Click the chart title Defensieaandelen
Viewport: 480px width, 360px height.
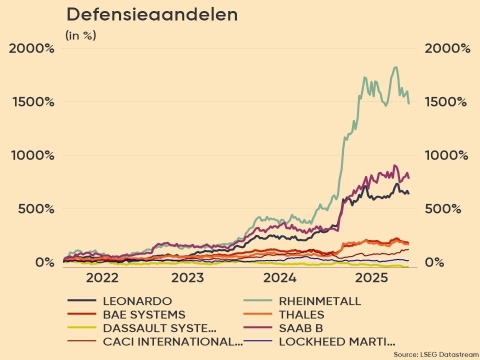[x=152, y=14]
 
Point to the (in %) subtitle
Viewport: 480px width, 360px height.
[x=80, y=35]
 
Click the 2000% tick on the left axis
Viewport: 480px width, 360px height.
[x=32, y=48]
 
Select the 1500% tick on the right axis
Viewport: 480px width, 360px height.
[x=447, y=102]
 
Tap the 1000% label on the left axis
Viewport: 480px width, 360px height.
[x=32, y=155]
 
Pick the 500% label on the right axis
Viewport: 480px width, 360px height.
[x=442, y=209]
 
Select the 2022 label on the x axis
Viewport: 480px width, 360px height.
[x=102, y=278]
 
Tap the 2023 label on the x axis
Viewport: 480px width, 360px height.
[x=187, y=278]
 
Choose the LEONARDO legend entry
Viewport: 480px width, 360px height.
[x=137, y=301]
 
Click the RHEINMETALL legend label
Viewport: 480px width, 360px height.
[x=319, y=301]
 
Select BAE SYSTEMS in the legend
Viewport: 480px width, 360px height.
[x=144, y=315]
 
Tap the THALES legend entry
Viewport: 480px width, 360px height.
[x=301, y=315]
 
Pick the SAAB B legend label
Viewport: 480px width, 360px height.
[x=300, y=328]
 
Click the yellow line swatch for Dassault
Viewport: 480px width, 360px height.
[x=81, y=328]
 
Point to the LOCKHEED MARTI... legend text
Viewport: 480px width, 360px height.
[x=336, y=342]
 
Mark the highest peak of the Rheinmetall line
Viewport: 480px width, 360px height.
[x=395, y=67]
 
